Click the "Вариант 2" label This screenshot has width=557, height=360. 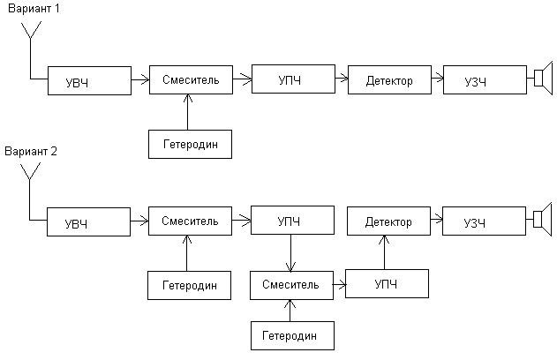[x=31, y=151]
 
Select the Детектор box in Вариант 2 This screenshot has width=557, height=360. [x=388, y=221]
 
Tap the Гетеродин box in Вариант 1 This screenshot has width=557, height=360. [x=190, y=143]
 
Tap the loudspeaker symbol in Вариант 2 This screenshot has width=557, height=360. [x=541, y=220]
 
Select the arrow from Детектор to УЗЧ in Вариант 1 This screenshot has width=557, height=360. [x=436, y=80]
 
